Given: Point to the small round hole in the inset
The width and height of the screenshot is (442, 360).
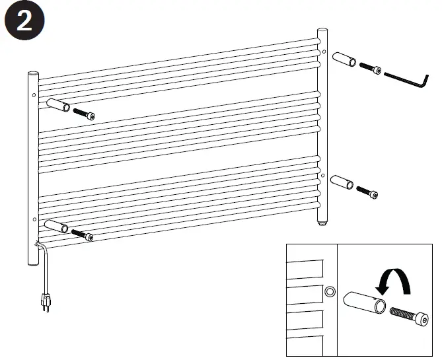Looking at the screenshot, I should [330, 291].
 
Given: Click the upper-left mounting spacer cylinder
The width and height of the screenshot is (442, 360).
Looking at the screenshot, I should [58, 106].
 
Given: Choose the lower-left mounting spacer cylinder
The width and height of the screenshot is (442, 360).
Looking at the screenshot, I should [57, 227].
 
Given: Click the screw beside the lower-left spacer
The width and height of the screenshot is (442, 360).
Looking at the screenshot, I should [82, 234].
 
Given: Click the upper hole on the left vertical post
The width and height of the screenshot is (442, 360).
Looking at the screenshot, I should [32, 94].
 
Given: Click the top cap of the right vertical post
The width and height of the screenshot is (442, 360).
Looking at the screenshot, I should [322, 31].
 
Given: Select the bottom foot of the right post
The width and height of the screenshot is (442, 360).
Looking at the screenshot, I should [322, 223].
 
